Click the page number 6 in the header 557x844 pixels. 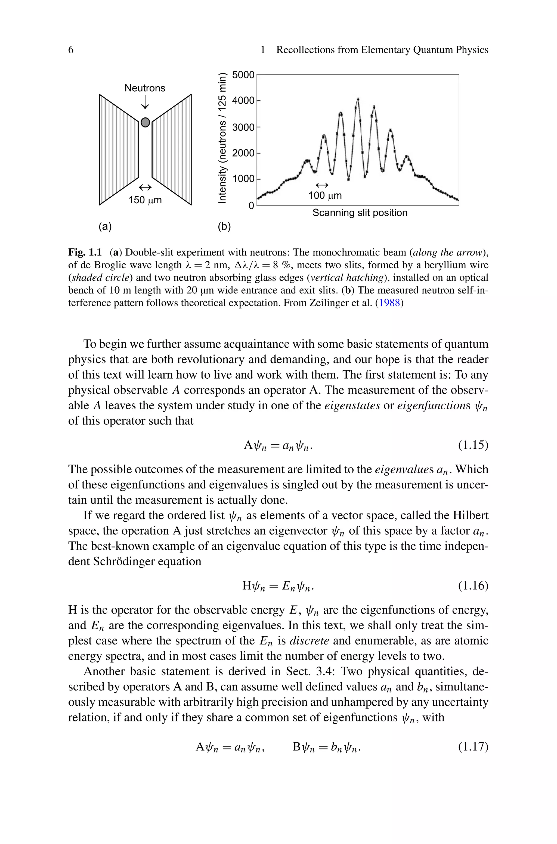pos(71,50)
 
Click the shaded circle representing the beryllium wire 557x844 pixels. pos(145,122)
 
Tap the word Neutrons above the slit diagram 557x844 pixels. pos(145,88)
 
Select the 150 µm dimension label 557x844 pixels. pos(145,200)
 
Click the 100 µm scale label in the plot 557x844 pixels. pos(325,195)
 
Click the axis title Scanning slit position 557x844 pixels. pos(360,213)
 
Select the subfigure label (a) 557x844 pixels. pos(105,226)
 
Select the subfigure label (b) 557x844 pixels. pos(224,226)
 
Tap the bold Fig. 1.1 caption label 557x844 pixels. pos(85,252)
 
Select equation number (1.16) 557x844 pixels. pos(473,585)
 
